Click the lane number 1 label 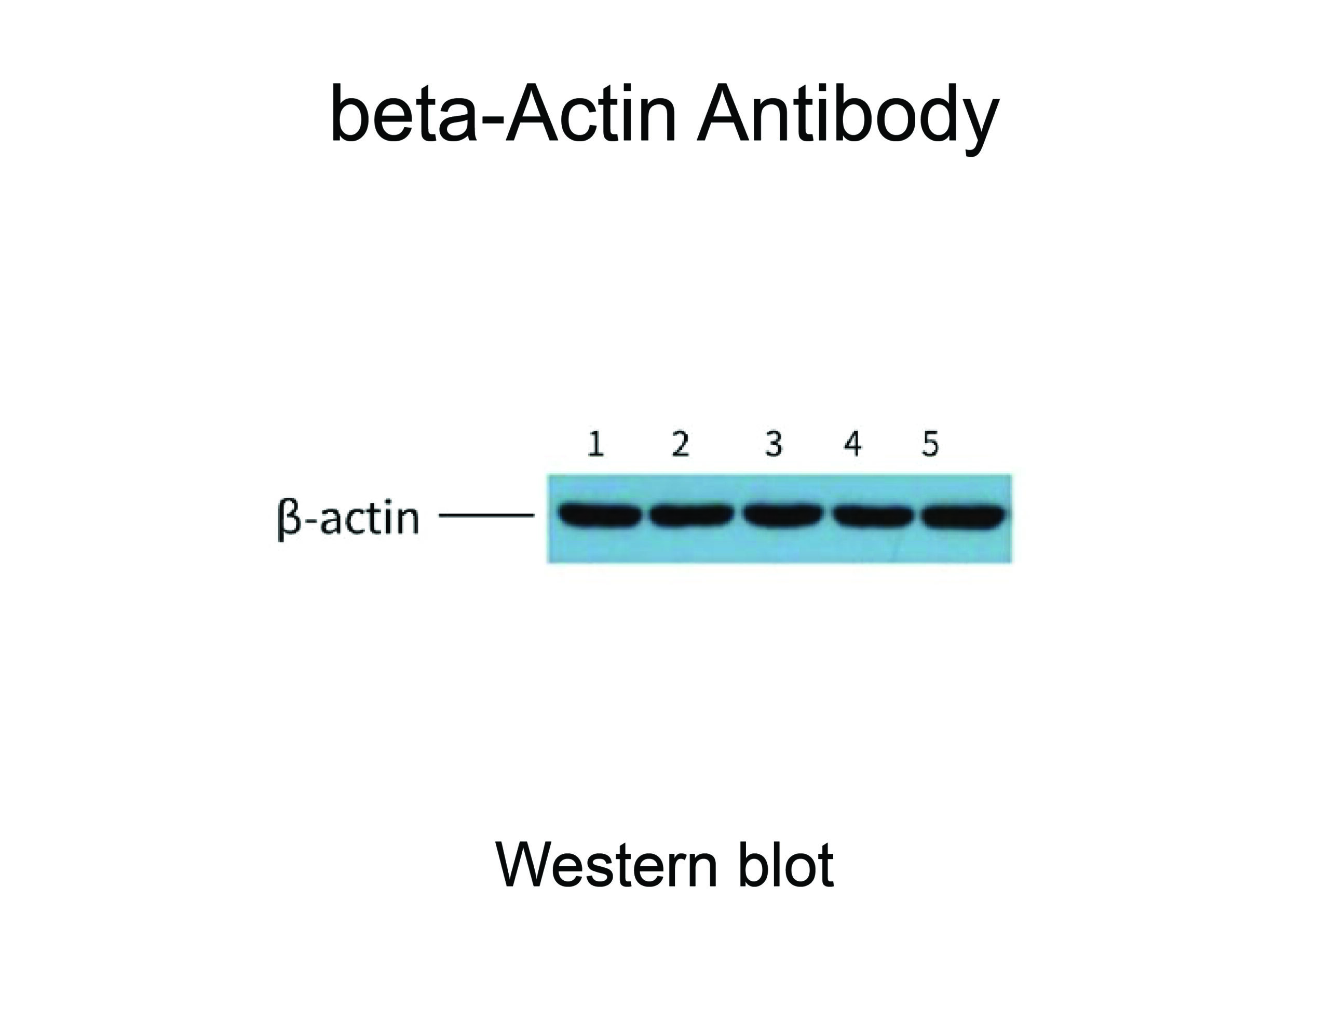coord(596,444)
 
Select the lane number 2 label coord(680,444)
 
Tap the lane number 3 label coord(774,444)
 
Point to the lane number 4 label coord(853,444)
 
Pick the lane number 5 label coord(930,444)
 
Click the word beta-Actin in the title coord(504,114)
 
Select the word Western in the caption coord(607,865)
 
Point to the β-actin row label coord(348,518)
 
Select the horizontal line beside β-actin coord(486,515)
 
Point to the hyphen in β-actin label coord(311,521)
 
